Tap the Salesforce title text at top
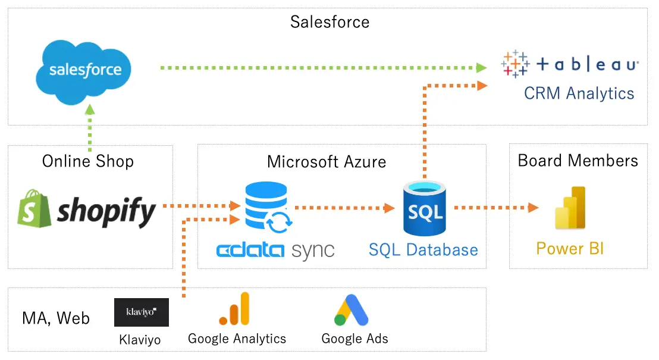click(x=329, y=22)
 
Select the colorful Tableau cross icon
click(x=515, y=64)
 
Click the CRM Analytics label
click(x=579, y=93)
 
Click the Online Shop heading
click(x=88, y=161)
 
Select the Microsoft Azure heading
click(x=327, y=161)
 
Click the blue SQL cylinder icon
click(x=424, y=209)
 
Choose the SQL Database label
click(x=423, y=249)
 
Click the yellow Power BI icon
click(x=570, y=208)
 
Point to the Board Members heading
click(x=578, y=160)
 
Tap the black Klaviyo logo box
click(x=141, y=312)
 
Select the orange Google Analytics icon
click(x=235, y=309)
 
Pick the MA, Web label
click(x=56, y=318)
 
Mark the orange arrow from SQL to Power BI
click(x=496, y=208)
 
